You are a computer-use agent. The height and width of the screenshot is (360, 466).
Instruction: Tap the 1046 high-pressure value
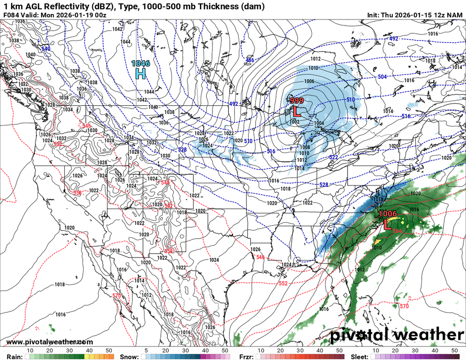(x=140, y=63)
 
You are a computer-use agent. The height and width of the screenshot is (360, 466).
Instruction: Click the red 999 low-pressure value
(x=297, y=101)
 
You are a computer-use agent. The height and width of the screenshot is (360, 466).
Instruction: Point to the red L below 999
(x=296, y=111)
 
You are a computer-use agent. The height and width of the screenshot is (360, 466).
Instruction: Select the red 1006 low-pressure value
(x=387, y=214)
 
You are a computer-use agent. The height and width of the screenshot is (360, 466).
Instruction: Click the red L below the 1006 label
(x=387, y=225)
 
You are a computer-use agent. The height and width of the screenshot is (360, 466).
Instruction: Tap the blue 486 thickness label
(x=250, y=60)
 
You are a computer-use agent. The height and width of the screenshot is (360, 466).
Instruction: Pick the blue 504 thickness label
(x=382, y=77)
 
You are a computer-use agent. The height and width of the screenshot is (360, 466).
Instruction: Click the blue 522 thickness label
(x=333, y=158)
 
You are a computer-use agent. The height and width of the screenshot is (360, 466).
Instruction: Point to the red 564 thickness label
(x=397, y=231)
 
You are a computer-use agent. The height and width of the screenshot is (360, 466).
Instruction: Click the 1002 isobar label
(x=294, y=121)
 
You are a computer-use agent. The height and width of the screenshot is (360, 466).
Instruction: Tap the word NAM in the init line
(x=455, y=15)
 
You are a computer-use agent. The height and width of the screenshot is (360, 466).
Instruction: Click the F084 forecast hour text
(x=12, y=15)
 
